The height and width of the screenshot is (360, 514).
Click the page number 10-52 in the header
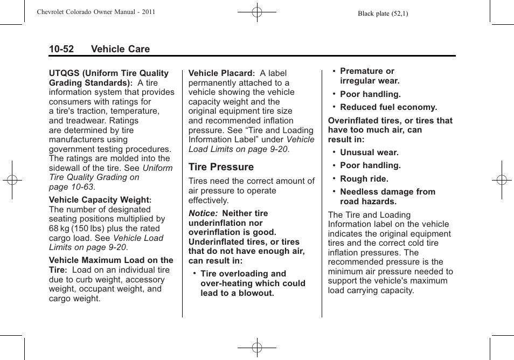pos(61,49)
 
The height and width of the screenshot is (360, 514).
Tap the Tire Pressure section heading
pos(221,167)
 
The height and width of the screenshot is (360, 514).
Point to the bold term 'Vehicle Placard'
pos(220,73)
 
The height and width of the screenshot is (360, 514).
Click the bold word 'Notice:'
pos(203,213)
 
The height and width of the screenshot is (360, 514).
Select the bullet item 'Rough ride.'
pos(364,179)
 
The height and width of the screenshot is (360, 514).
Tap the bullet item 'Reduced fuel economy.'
pos(388,107)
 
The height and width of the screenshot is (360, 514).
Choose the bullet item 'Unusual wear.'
pos(369,153)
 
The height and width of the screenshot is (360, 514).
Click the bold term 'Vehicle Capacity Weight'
pos(99,200)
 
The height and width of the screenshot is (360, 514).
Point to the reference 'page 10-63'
pos(71,187)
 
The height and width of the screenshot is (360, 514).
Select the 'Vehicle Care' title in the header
pos(120,49)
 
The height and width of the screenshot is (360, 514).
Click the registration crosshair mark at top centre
pos(257,11)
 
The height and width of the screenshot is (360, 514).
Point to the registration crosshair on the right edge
pos(501,180)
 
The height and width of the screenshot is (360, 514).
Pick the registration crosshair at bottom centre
pos(257,348)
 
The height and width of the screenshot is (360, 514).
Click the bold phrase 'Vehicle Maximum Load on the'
pos(111,260)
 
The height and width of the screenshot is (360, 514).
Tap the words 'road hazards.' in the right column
pos(368,202)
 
